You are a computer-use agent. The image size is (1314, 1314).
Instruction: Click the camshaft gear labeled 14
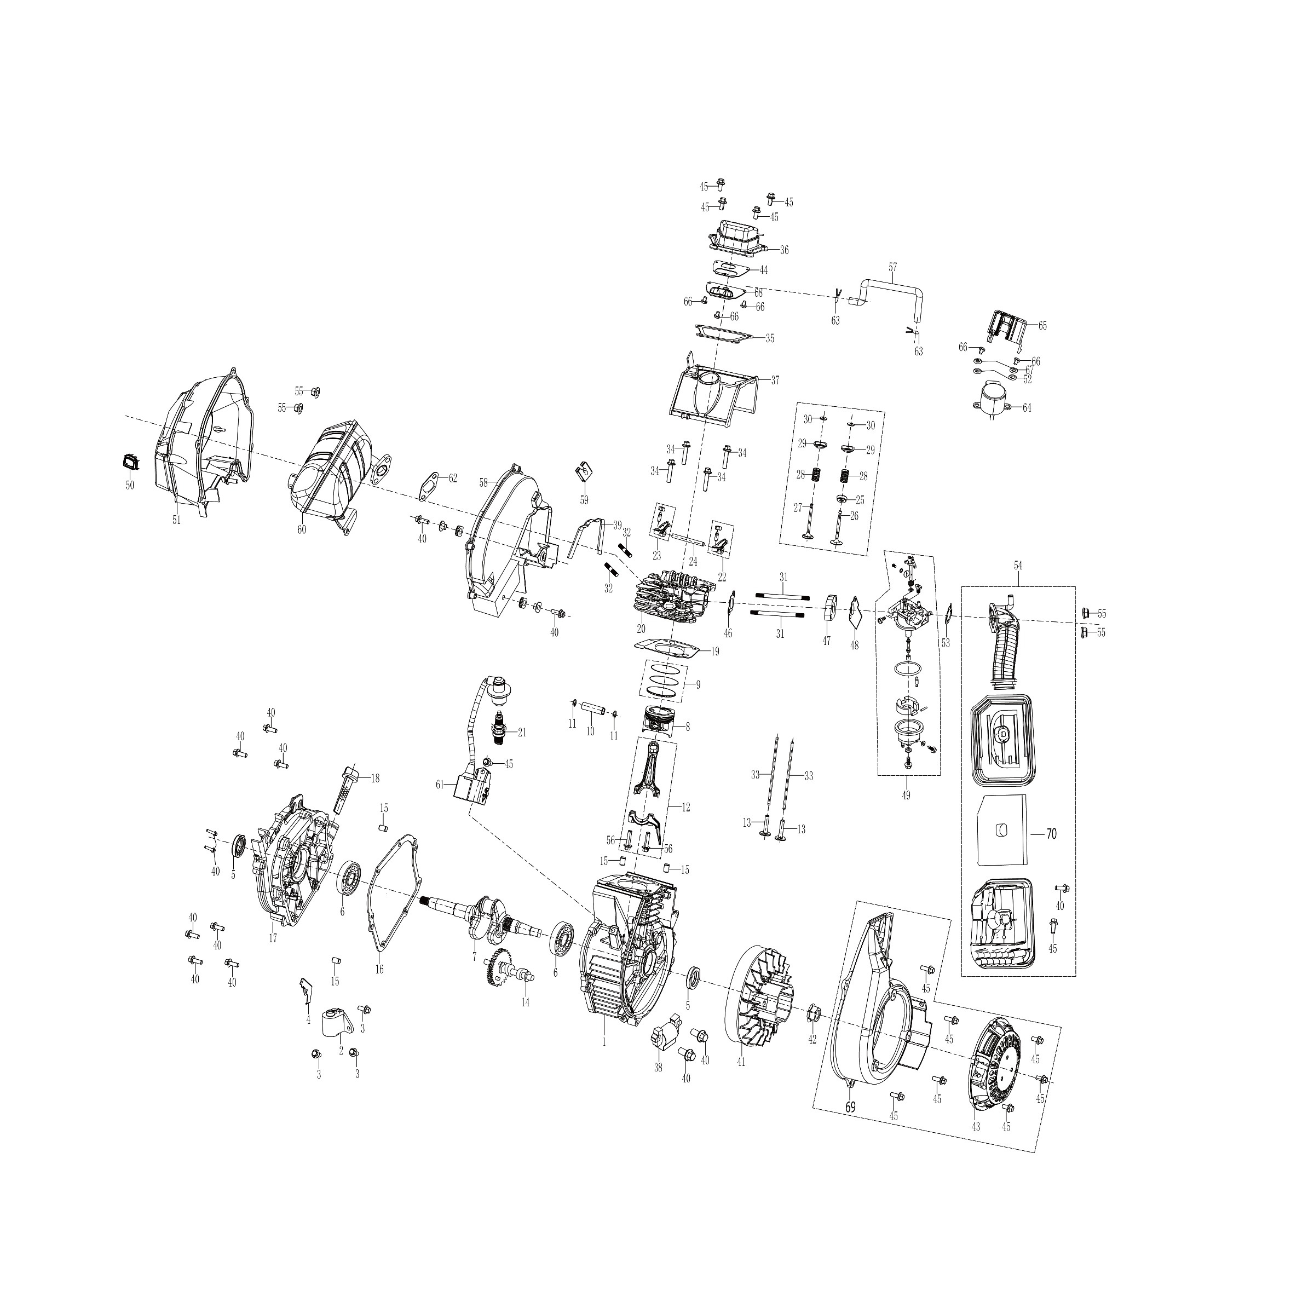(509, 971)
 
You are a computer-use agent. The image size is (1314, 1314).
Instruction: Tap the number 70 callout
(1050, 834)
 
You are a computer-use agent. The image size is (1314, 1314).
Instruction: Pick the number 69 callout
(850, 1107)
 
